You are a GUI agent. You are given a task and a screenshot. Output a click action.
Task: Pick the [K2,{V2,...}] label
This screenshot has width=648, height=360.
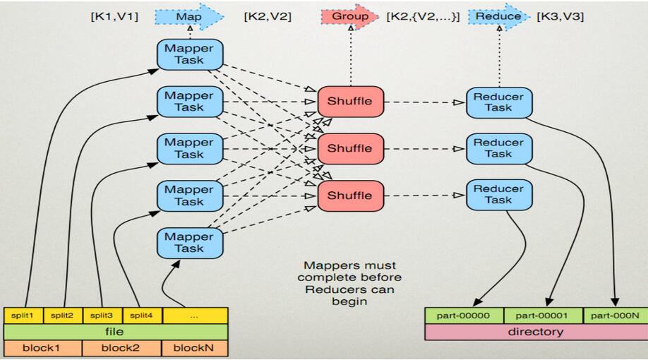coord(423,16)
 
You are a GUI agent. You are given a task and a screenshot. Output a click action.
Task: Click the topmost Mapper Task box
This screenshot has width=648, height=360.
coord(189,54)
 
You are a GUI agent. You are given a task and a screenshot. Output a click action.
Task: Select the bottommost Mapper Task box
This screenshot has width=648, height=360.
coord(189,242)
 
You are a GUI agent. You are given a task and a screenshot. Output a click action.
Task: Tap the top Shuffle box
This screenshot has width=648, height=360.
coord(349,102)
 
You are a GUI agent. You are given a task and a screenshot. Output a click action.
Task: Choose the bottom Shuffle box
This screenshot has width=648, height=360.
coord(349,196)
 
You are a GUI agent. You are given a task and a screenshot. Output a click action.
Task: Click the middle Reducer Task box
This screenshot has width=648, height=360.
coord(498,148)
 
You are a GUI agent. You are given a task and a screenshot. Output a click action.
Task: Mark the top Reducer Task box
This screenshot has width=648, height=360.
coord(498,102)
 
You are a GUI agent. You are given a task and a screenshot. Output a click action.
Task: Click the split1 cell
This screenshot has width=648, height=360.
coord(23,316)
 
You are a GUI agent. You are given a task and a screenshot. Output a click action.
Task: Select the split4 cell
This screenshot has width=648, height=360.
coord(142,316)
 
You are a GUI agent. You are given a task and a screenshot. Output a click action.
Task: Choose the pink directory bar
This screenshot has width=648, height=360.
coord(536,332)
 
